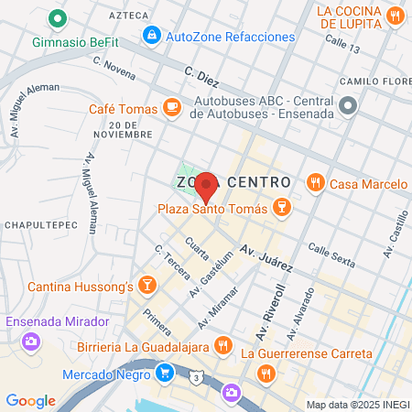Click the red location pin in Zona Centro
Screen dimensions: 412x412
coord(206,186)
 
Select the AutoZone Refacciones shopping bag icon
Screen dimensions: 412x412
coord(150,36)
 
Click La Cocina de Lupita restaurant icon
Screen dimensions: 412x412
coord(395,16)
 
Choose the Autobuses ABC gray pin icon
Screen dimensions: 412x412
coord(347,107)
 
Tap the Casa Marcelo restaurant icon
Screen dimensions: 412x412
coord(316,182)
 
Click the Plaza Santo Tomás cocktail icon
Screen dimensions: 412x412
coord(283,209)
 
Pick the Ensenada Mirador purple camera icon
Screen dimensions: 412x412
coord(31,342)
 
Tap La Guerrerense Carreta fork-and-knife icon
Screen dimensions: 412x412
coord(266,372)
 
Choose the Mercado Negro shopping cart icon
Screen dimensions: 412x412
coord(164,373)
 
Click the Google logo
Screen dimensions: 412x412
coord(30,401)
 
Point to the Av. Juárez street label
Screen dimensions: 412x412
coord(266,259)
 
